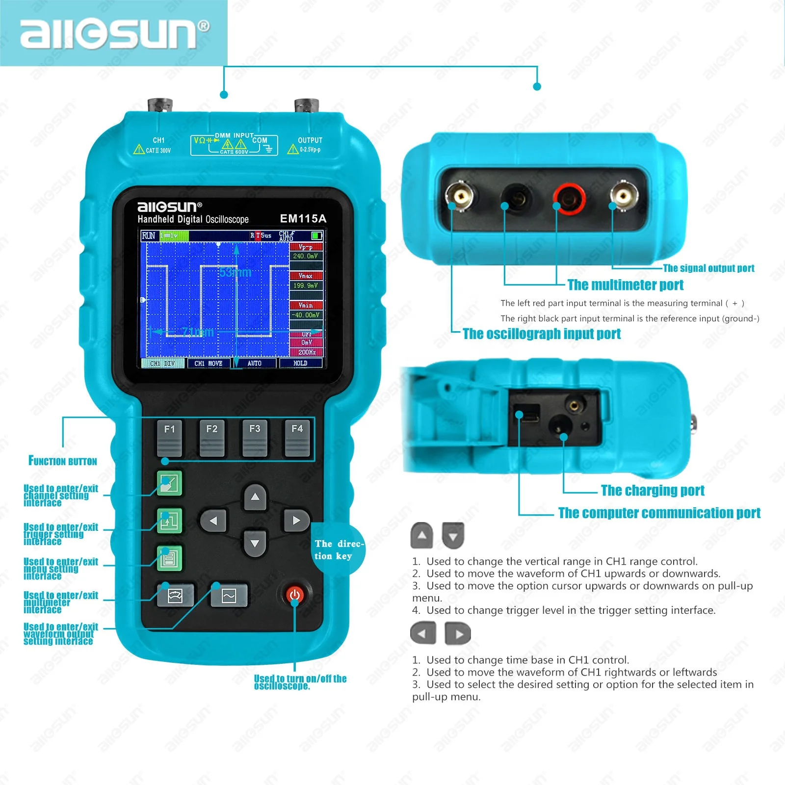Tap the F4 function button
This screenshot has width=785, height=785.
297,437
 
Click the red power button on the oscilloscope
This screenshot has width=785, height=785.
295,595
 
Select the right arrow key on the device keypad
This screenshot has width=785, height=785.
296,521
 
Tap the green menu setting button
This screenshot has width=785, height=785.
169,558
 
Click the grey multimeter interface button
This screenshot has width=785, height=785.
175,596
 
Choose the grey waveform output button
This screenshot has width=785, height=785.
229,596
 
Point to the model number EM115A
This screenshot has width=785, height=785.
303,219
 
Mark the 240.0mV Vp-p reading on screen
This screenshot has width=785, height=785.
306,256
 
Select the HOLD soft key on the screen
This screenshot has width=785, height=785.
300,364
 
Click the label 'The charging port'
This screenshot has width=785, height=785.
652,491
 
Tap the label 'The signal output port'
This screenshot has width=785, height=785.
708,268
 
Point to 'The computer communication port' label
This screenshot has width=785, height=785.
659,513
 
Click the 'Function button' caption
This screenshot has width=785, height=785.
63,461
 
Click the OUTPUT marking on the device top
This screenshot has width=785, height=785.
310,140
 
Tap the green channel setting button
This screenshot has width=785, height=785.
169,483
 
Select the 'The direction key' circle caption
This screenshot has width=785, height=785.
339,549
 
